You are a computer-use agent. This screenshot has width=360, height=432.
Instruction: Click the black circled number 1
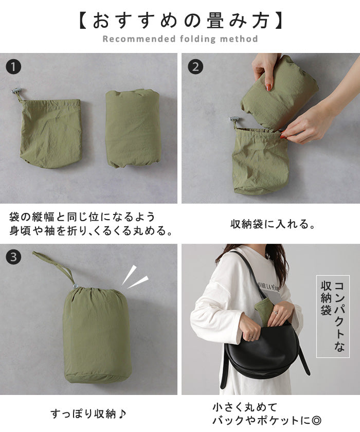[x=13, y=67]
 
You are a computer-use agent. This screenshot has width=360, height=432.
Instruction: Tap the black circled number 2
[x=195, y=67]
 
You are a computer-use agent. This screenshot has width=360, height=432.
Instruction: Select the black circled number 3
[x=13, y=257]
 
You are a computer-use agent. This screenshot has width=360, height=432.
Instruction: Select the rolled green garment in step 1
[x=133, y=128]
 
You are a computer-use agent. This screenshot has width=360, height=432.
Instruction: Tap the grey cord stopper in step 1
[x=17, y=91]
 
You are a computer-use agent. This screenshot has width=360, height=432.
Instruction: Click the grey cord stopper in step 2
[x=235, y=120]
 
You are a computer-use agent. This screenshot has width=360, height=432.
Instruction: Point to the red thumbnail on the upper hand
[x=268, y=87]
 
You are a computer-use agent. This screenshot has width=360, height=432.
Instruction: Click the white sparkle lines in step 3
[x=134, y=277]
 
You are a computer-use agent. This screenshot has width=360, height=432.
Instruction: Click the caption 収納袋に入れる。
[x=273, y=224]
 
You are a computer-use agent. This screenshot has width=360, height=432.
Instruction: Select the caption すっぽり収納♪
[x=88, y=413]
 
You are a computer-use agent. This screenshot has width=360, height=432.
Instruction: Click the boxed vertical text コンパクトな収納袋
[x=333, y=316]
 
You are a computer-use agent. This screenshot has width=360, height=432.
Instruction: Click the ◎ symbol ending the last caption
[x=316, y=421]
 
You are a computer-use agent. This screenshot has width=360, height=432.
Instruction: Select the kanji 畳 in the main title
[x=217, y=21]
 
